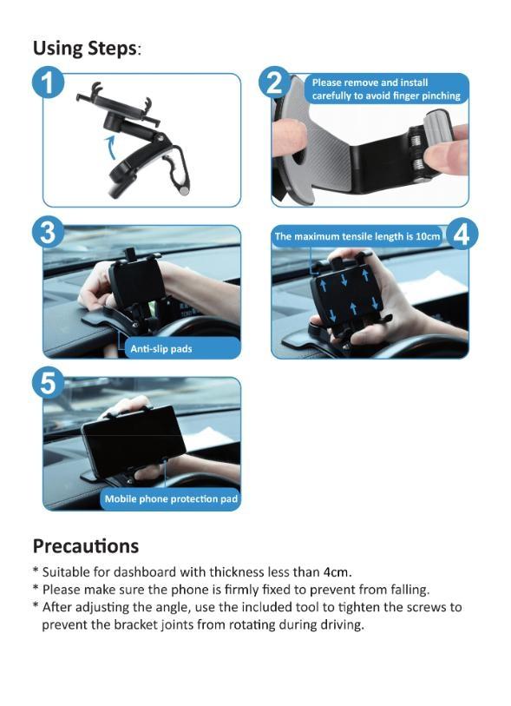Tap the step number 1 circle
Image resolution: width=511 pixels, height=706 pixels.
49,85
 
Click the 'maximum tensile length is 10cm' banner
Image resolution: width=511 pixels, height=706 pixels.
358,236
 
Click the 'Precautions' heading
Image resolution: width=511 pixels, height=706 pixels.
85,546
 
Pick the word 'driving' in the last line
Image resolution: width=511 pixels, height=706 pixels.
341,624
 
